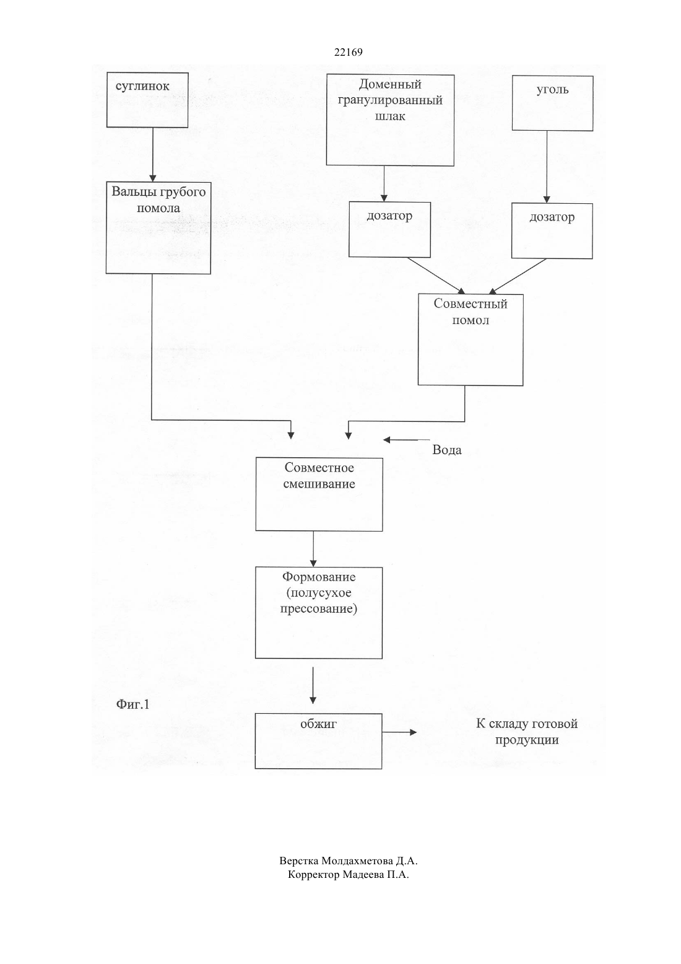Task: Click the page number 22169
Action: [x=348, y=53]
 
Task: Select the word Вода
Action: [x=447, y=450]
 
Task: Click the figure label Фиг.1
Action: [x=132, y=704]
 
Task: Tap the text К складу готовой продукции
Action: [x=527, y=732]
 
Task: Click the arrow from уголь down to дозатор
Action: [x=547, y=167]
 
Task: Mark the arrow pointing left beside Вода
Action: [x=407, y=440]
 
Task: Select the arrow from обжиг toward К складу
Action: [x=399, y=732]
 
